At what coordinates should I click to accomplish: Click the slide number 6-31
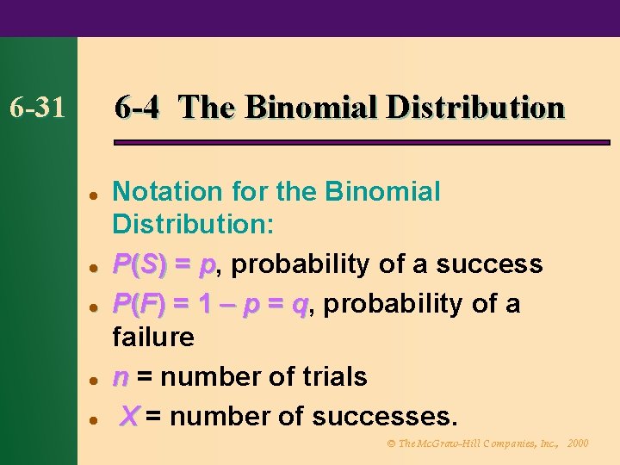[x=36, y=108]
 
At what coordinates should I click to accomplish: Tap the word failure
[x=154, y=337]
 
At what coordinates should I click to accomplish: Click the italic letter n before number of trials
[x=121, y=377]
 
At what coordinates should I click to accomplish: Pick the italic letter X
[x=129, y=417]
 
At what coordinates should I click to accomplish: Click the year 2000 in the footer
[x=579, y=443]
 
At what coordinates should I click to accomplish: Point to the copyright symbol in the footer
[x=391, y=443]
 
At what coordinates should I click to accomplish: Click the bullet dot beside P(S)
[x=91, y=266]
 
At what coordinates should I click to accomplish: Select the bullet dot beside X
[x=91, y=419]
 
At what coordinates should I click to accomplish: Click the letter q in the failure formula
[x=300, y=305]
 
